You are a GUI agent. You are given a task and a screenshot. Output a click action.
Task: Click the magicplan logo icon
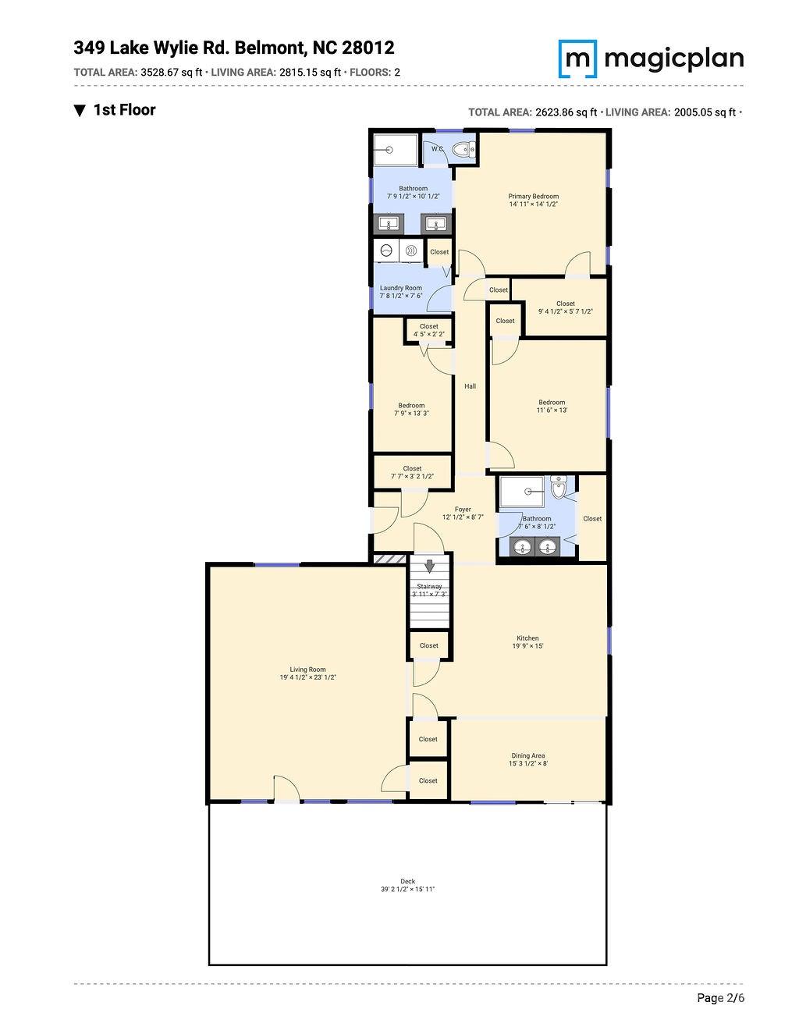click(577, 59)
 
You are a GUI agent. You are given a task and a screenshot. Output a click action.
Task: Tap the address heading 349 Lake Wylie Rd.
click(234, 48)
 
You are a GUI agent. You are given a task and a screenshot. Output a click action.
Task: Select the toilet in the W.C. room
click(464, 149)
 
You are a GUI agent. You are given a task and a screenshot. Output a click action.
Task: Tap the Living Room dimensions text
click(307, 677)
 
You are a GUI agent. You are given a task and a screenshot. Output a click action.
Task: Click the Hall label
click(470, 386)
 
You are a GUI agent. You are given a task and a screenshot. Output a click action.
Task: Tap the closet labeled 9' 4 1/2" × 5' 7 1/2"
click(565, 307)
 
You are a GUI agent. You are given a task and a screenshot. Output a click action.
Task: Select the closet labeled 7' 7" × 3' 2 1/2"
click(412, 472)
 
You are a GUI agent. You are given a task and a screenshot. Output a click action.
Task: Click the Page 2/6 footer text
click(720, 998)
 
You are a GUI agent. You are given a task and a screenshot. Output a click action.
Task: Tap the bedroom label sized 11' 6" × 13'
click(551, 406)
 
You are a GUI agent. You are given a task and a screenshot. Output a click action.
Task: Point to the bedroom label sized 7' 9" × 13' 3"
click(411, 409)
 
